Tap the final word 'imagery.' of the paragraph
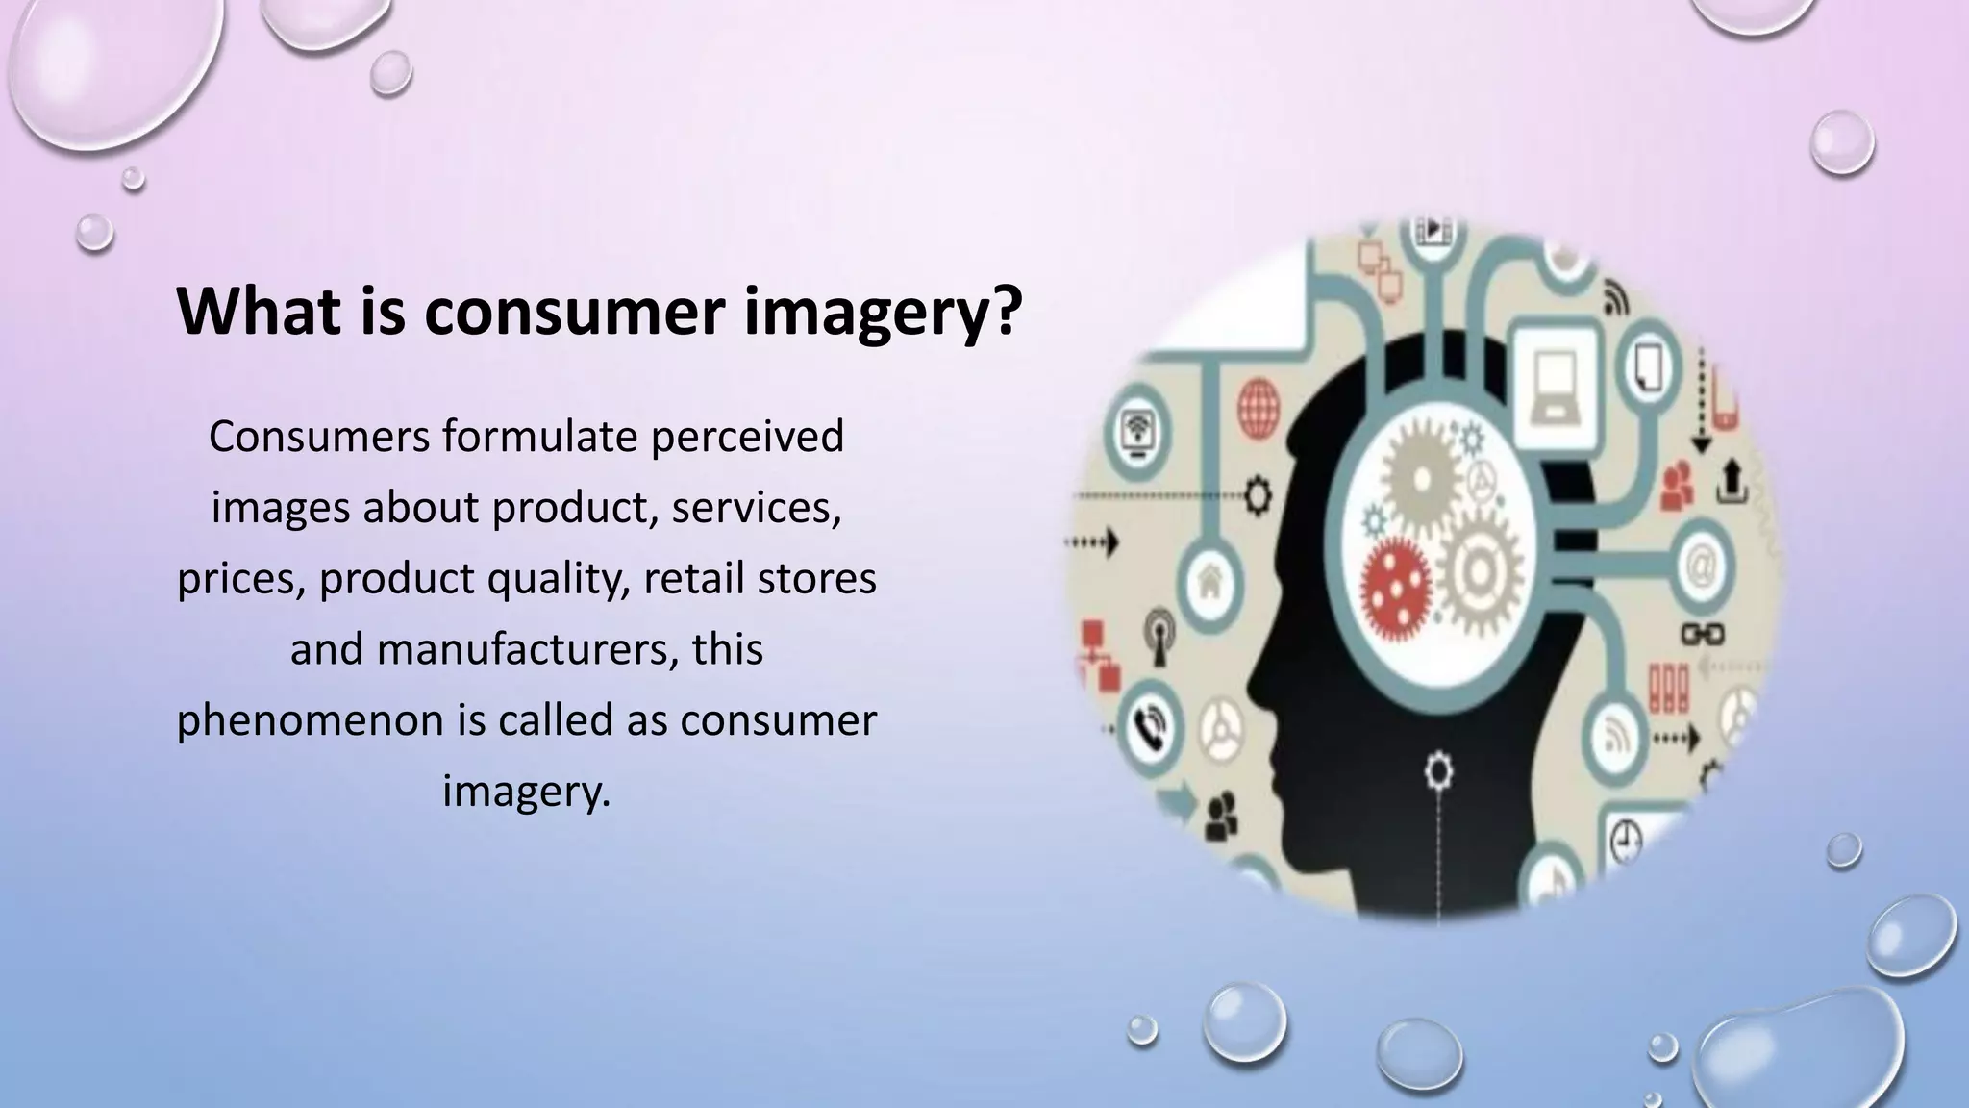[527, 791]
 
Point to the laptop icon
[1554, 387]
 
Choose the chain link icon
[1701, 635]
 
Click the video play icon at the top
[1433, 231]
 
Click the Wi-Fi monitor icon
[1139, 432]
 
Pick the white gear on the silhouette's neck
[1437, 771]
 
